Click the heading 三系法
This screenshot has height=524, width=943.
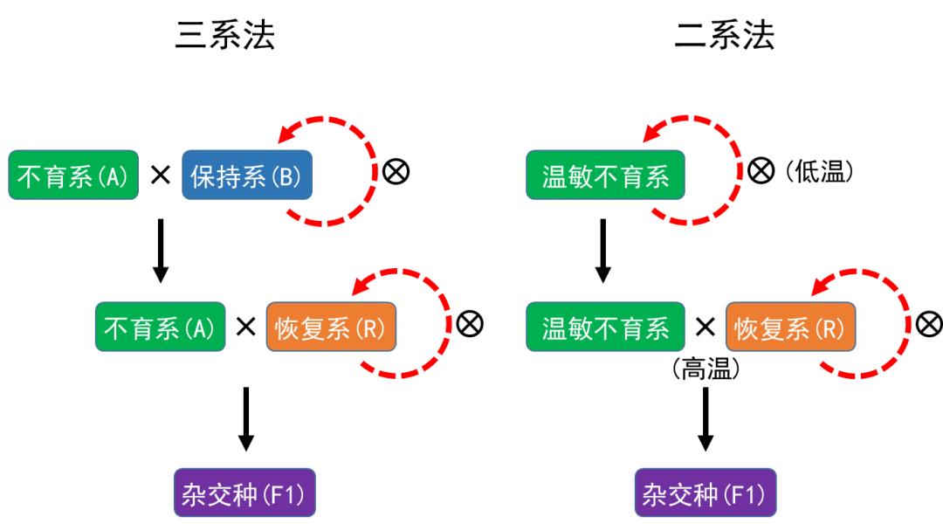[x=225, y=36]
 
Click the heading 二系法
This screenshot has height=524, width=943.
[x=724, y=36]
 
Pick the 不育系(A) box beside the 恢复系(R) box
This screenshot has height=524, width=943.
[x=160, y=327]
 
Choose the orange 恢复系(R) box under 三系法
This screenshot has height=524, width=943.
[x=331, y=327]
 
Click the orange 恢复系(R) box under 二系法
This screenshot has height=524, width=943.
[x=790, y=327]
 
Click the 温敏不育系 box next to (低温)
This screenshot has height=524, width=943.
[x=605, y=175]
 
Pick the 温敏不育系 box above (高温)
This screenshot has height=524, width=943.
[x=605, y=327]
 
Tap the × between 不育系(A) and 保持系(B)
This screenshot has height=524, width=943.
[x=160, y=175]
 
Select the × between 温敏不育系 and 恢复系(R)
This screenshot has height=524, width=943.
[x=705, y=327]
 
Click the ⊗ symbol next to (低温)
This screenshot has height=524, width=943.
[x=761, y=172]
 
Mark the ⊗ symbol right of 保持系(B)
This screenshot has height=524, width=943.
[x=396, y=172]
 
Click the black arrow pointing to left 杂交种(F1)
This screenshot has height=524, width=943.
[x=246, y=419]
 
